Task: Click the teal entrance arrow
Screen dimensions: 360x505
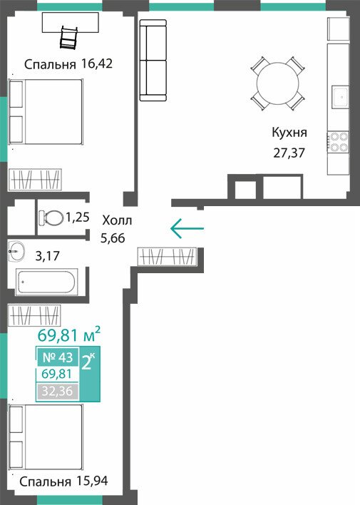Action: click(187, 228)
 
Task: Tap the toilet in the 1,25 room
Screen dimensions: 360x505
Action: click(51, 218)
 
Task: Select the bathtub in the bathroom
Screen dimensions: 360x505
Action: click(46, 282)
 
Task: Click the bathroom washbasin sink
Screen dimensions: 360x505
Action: click(16, 250)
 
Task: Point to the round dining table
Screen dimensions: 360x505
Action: click(277, 83)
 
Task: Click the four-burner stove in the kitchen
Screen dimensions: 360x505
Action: click(338, 142)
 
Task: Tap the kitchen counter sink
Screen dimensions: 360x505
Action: click(340, 96)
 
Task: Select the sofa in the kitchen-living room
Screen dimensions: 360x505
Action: click(153, 60)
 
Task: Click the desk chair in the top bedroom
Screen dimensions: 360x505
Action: click(69, 38)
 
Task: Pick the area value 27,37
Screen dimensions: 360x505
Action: click(289, 153)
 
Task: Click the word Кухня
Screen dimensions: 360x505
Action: click(289, 133)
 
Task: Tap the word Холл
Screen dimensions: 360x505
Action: click(117, 221)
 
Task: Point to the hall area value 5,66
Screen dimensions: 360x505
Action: click(113, 238)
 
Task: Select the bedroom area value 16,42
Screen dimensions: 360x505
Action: click(97, 63)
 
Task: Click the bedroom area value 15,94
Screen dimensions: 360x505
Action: click(93, 481)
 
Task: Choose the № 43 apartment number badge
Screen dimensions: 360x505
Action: click(58, 357)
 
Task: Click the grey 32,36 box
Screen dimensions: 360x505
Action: click(58, 392)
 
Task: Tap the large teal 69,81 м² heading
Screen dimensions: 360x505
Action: click(69, 335)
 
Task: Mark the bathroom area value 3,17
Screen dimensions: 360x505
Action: click(47, 256)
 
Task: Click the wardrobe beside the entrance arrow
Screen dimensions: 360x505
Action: click(167, 257)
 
